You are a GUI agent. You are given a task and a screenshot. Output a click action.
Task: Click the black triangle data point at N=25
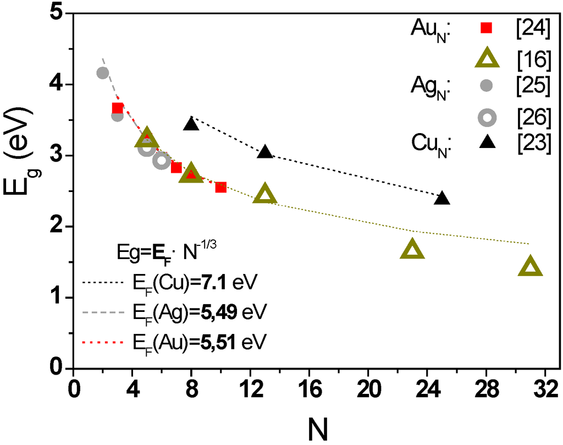click(x=442, y=199)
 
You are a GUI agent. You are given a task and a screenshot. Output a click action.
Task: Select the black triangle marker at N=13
click(x=265, y=152)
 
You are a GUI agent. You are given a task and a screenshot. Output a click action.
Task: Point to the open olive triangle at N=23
click(x=412, y=250)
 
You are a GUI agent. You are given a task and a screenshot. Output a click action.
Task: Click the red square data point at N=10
click(x=220, y=187)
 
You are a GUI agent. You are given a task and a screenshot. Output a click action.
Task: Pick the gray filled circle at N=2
click(x=102, y=73)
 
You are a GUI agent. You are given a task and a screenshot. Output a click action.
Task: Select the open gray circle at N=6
click(x=161, y=161)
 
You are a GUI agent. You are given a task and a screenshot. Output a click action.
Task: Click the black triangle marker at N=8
click(x=191, y=124)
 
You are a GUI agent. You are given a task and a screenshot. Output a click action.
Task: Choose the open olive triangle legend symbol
click(x=487, y=57)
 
